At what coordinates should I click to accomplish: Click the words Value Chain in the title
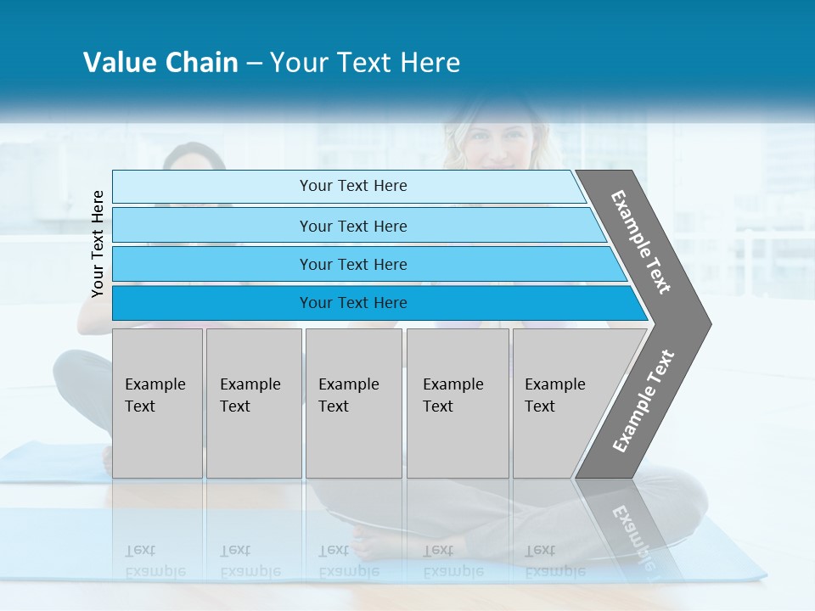click(160, 63)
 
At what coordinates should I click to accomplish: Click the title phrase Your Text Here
click(365, 63)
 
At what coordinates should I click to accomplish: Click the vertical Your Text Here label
click(98, 244)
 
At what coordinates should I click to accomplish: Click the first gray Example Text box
click(157, 403)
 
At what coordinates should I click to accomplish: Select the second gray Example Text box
click(253, 403)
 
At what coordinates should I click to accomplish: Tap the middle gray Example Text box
click(353, 403)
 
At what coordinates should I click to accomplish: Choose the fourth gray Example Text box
click(457, 403)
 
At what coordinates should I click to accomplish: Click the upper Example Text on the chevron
click(641, 242)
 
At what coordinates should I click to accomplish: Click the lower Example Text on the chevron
click(644, 401)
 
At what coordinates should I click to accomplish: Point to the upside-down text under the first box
click(155, 560)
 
